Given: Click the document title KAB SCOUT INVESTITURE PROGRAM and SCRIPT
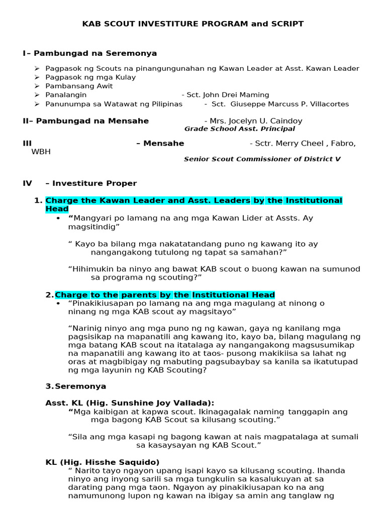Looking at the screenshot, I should pos(193,24).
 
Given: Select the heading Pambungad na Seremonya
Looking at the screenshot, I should pos(96,53).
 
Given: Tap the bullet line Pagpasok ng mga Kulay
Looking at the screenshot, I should pos(90,77).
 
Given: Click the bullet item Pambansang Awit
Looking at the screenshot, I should pos(79,86).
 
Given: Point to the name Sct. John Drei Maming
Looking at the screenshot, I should pos(228,95).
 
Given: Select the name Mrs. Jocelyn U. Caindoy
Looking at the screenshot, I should pos(253,121).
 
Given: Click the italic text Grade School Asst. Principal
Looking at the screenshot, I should pos(240,129).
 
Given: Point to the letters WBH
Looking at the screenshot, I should pos(41,152).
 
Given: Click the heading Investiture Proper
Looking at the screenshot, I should pos(94,184).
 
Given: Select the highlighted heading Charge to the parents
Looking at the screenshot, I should pos(165,295).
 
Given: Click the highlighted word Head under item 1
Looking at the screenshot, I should pos(57,209).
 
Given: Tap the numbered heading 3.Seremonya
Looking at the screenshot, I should pos(75,387).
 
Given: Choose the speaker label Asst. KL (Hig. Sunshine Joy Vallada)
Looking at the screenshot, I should pos(130,403).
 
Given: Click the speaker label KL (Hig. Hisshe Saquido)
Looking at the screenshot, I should pos(103,462).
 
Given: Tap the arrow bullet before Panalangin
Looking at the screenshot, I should pos(37,95).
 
